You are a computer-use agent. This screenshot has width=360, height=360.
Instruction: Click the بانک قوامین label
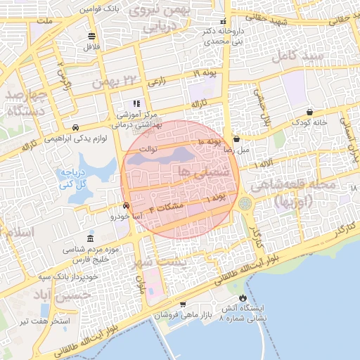click(x=98, y=9)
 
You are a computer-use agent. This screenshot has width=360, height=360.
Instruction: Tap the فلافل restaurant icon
click(x=91, y=36)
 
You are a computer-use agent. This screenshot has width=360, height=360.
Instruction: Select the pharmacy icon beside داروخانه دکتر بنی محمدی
click(x=224, y=21)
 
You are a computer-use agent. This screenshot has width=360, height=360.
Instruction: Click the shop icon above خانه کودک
click(x=310, y=112)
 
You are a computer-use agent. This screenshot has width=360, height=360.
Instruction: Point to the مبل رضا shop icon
click(x=236, y=139)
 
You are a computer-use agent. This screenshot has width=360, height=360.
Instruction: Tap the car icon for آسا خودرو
click(x=126, y=207)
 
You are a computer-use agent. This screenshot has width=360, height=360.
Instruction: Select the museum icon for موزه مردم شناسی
click(x=89, y=238)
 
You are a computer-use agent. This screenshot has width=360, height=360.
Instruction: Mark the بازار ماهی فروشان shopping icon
click(x=183, y=304)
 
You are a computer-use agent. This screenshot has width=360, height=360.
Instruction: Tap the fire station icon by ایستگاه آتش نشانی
click(x=244, y=297)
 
